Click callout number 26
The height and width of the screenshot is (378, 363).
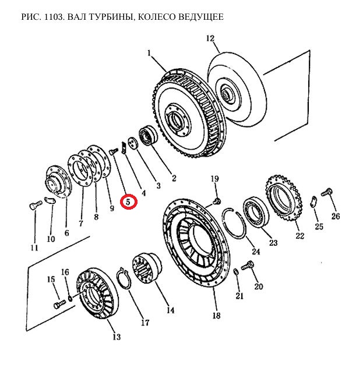point(336,217)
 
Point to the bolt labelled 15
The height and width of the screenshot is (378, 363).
point(58,304)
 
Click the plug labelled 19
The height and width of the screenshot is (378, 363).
point(216,201)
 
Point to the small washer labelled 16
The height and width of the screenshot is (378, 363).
point(70,299)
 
